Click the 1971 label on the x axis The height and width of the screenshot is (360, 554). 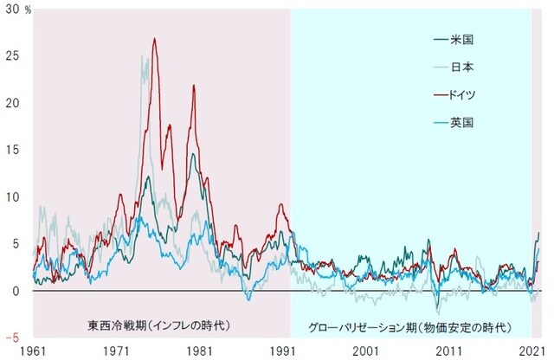(118, 351)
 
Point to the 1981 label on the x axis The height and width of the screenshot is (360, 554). (201, 351)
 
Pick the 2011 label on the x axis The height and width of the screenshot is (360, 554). (450, 351)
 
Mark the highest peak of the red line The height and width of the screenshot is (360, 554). (154, 39)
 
